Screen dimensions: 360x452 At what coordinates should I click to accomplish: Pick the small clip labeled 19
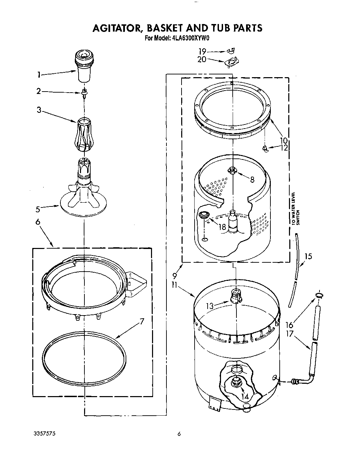[x=230, y=51]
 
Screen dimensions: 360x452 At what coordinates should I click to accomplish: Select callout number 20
[x=202, y=59]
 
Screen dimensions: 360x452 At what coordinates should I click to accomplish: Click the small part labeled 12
[x=265, y=148]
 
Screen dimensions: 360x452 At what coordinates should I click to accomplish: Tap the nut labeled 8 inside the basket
[x=232, y=170]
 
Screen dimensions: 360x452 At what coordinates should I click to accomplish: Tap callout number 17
[x=289, y=333]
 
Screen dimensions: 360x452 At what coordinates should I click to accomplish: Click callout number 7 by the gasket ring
[x=141, y=321]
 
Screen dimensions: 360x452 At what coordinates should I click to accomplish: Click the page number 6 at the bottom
[x=179, y=434]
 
